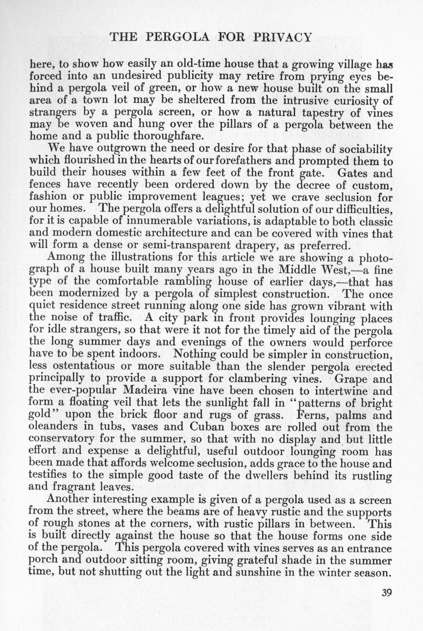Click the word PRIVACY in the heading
pos(283,37)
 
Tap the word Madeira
pos(146,391)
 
